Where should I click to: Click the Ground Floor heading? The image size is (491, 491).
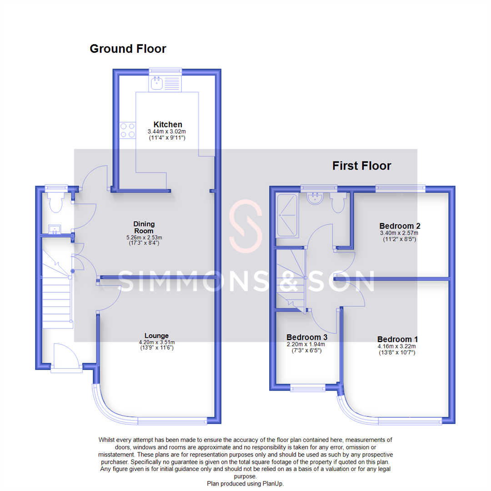[128, 49]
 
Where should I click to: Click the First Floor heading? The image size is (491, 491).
[361, 166]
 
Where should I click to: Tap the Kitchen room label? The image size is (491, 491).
[168, 124]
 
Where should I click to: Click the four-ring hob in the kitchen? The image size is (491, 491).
[127, 130]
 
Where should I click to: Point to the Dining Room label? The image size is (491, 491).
[144, 227]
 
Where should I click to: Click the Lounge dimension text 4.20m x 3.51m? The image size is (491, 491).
[157, 342]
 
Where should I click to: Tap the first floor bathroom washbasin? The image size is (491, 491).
[314, 198]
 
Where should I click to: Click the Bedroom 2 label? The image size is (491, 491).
[400, 226]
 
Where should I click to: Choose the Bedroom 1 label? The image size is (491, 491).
[397, 339]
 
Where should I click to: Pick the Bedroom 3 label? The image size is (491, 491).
[307, 337]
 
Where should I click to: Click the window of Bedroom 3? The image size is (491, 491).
[308, 388]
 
